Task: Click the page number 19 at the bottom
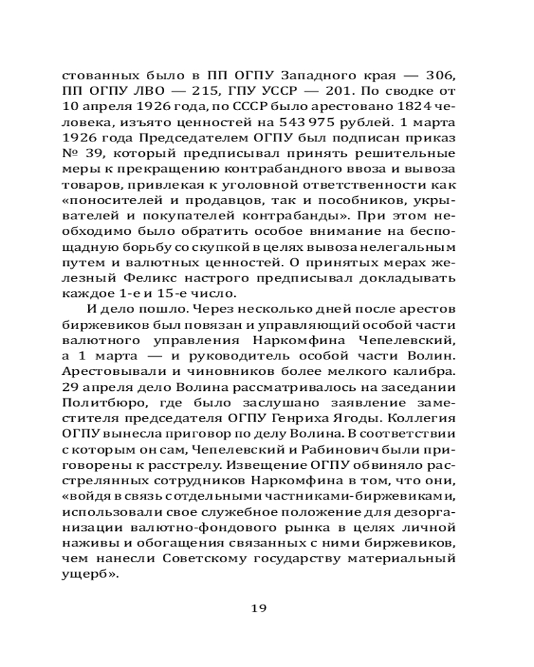(259, 607)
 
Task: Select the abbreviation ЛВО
(139, 89)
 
